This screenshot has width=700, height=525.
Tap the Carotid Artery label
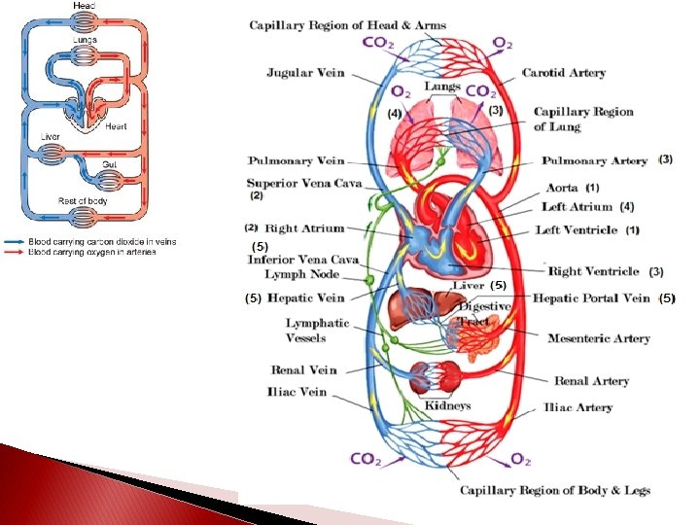click(x=564, y=73)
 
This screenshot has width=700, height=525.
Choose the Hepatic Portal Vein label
click(x=591, y=298)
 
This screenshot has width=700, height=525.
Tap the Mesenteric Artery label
click(x=599, y=338)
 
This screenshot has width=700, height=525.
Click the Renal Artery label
click(x=591, y=381)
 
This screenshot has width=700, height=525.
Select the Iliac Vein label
click(x=297, y=393)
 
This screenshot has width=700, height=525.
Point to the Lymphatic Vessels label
click(x=317, y=331)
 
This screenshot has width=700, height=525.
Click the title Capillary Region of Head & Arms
click(x=347, y=24)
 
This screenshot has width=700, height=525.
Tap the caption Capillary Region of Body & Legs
click(x=555, y=491)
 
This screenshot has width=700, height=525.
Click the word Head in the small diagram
click(x=87, y=6)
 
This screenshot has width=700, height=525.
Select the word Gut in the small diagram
click(x=110, y=165)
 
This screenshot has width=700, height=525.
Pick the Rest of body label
click(x=82, y=201)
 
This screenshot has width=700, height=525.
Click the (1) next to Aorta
click(x=592, y=188)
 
